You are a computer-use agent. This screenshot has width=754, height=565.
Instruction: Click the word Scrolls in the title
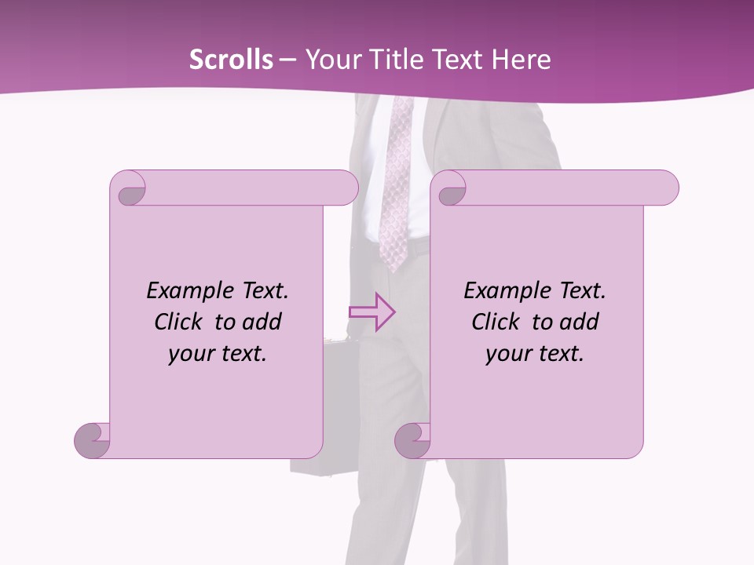click(x=232, y=60)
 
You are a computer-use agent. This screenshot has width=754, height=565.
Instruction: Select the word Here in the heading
click(x=521, y=60)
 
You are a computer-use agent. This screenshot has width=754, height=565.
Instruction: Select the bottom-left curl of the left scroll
click(x=93, y=439)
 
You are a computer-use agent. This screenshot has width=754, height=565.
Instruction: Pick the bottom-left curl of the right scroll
click(x=413, y=439)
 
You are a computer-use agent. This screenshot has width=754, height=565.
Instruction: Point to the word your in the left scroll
click(x=188, y=355)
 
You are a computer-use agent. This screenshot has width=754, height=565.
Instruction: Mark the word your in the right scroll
click(x=506, y=355)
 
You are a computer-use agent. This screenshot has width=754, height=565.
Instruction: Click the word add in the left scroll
click(x=263, y=322)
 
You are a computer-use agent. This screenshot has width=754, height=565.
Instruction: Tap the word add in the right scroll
click(x=580, y=322)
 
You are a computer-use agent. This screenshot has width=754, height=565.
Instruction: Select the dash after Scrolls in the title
click(x=288, y=60)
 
